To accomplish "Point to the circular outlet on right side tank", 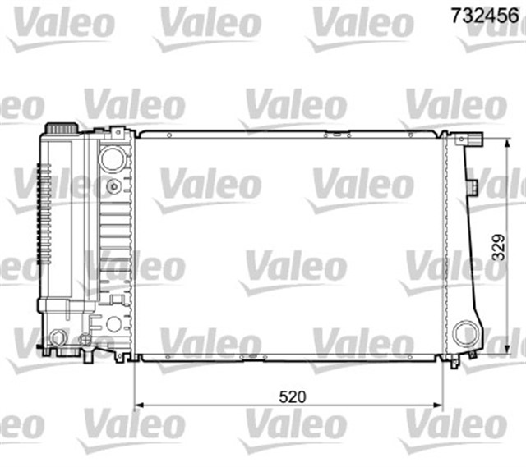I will tap(466, 334).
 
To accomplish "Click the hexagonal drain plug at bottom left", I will tap(58, 338).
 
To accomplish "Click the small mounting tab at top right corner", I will tap(475, 138).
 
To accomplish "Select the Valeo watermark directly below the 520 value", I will tap(292, 427).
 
